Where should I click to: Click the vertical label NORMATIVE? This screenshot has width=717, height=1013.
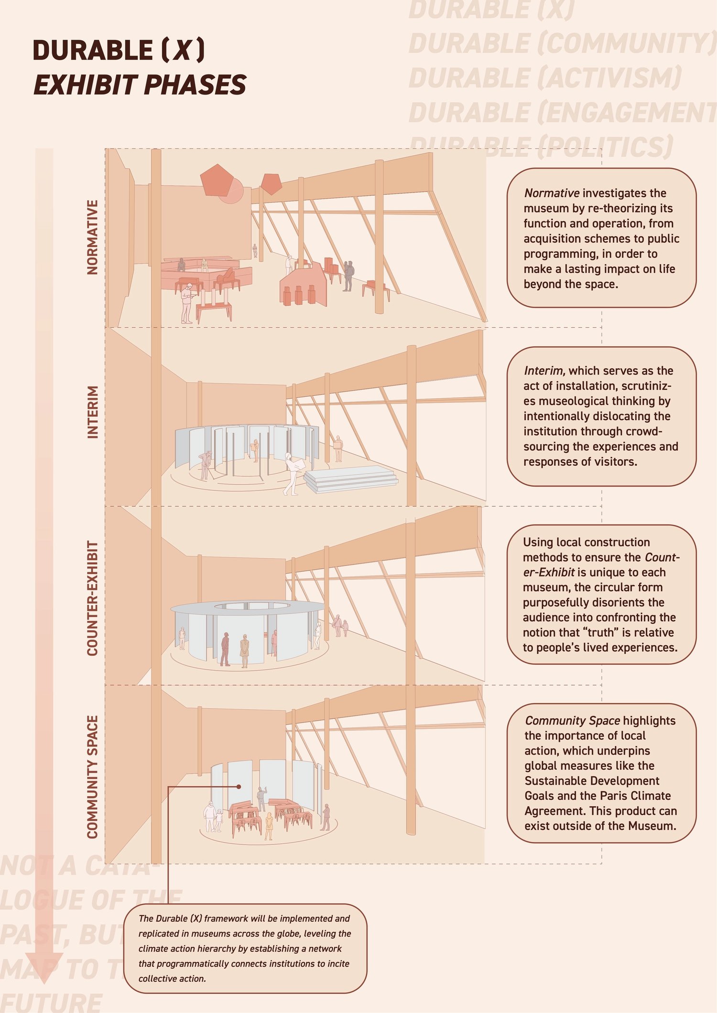92,237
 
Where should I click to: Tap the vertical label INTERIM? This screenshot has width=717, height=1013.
92,412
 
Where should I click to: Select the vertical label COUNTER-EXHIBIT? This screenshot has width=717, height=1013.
92,598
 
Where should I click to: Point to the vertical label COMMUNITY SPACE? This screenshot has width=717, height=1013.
92,776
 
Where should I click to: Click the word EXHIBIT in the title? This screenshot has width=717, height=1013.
86,85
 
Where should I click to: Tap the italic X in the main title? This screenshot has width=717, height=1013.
182,50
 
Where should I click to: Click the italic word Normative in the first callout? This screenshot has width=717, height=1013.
552,193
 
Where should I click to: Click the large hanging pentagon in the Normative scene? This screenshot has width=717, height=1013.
217,180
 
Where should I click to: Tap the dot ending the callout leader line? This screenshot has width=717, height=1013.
239,787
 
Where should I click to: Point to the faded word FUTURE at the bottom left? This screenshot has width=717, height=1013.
51,1002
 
